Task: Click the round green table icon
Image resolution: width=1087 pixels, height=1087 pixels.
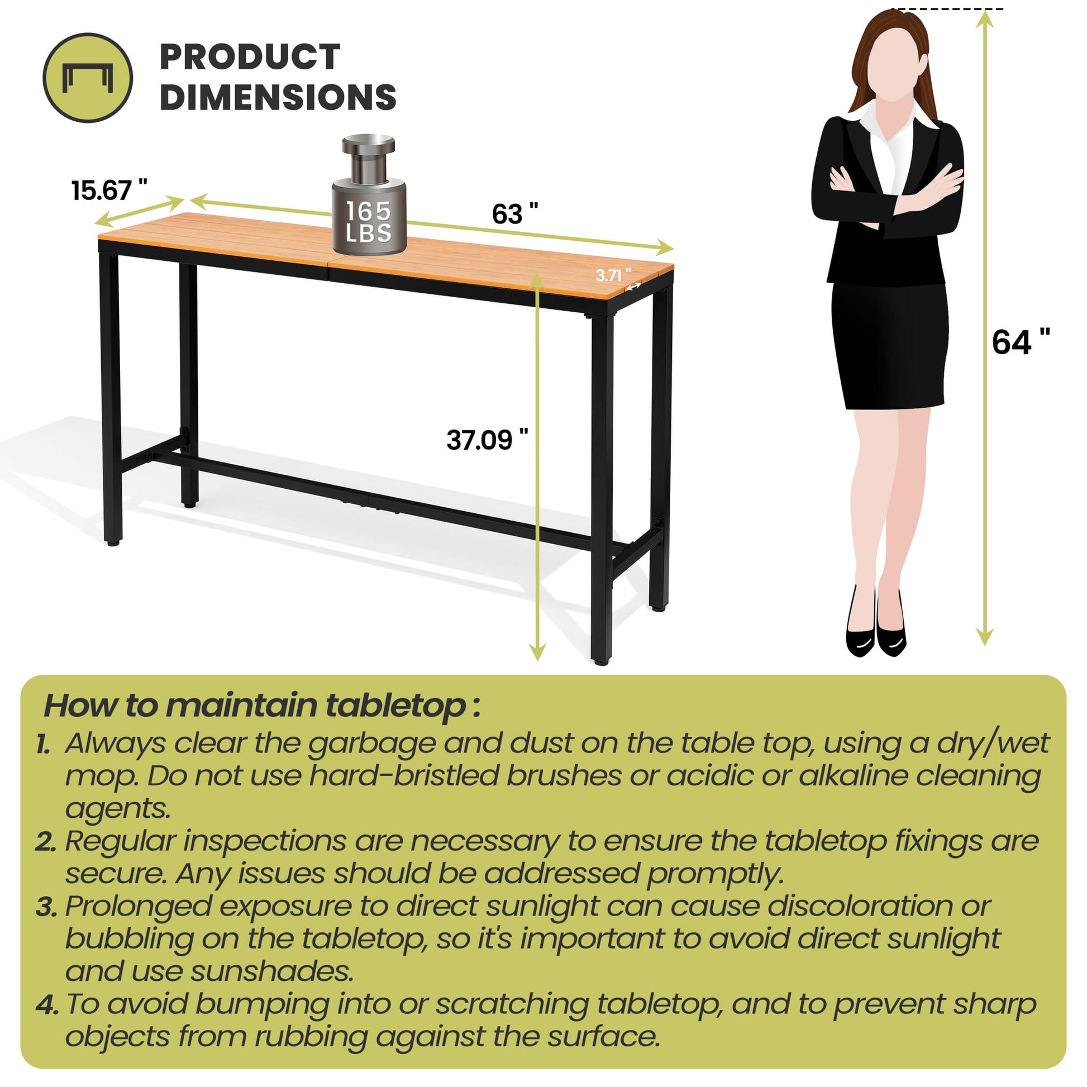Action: point(88,78)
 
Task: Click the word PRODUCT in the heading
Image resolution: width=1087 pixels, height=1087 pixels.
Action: point(250,57)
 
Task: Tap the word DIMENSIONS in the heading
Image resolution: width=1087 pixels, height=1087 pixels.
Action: point(278,97)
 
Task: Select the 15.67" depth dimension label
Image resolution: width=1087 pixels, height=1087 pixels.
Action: point(109,190)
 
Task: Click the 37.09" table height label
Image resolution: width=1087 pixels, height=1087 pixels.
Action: point(487,440)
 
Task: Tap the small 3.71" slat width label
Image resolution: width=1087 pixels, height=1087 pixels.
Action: point(613,275)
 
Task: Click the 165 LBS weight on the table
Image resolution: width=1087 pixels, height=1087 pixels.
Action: point(369,194)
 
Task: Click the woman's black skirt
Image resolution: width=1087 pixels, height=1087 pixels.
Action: point(888,345)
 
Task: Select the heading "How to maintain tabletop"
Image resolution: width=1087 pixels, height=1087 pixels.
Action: point(262,705)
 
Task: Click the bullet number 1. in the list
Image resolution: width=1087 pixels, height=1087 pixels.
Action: point(44,745)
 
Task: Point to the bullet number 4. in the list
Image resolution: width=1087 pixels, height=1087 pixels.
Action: point(47,1005)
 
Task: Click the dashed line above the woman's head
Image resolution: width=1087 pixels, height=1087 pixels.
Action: point(947,9)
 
